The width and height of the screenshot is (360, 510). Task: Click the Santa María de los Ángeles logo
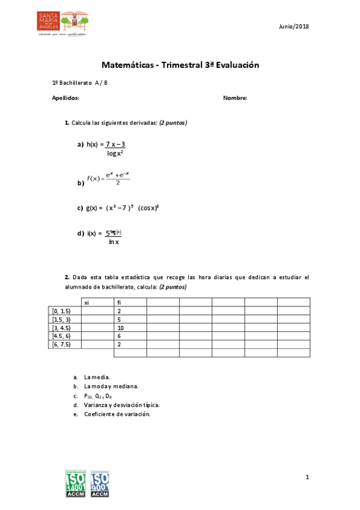[63, 24]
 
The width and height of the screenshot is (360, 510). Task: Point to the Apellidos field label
[66, 98]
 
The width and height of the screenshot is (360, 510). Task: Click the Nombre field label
[235, 98]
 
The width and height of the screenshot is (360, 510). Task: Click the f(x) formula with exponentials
[108, 179]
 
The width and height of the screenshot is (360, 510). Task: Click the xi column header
[87, 303]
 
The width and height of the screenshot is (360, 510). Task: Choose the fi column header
[120, 303]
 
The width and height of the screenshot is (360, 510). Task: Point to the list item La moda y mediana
[112, 386]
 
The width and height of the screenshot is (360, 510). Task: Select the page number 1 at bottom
[307, 478]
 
